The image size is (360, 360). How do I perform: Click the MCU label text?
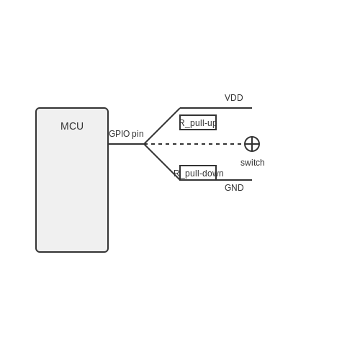coord(72,126)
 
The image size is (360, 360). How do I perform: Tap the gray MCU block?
coord(72,180)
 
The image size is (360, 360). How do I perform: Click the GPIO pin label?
coord(126,134)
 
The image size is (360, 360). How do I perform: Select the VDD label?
coord(234,98)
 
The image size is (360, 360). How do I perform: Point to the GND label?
coord(234,188)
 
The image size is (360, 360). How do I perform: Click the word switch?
coord(253,163)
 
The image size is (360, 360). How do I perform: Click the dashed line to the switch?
coord(194,144)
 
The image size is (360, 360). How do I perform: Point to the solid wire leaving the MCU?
coord(126,144)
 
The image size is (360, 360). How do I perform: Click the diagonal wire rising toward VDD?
coord(162,126)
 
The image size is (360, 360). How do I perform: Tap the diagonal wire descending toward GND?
coord(162,162)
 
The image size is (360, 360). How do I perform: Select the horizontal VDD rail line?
coord(216,108)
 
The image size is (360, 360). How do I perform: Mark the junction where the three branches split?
coord(144,144)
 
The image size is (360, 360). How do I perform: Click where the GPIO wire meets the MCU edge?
coord(108,144)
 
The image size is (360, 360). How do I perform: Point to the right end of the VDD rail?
coord(252,108)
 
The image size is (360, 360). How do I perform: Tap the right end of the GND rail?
coord(252,180)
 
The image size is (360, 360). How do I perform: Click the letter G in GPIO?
coord(112,134)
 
